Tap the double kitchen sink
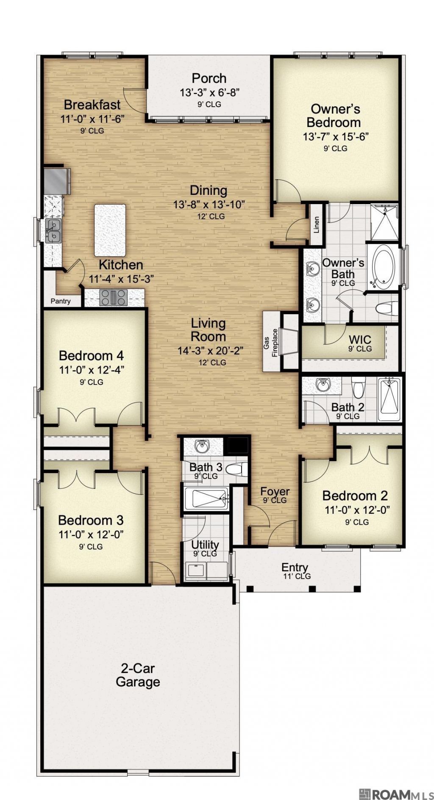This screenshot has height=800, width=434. click(x=53, y=230)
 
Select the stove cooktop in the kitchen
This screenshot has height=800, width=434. click(x=113, y=297)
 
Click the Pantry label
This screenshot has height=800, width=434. click(x=60, y=301)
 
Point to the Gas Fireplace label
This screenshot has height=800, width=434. click(x=270, y=343)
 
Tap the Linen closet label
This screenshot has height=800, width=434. click(x=316, y=225)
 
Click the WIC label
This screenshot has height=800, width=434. click(x=360, y=339)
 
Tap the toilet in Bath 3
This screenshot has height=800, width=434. click(x=236, y=469)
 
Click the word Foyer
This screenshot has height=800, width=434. click(x=275, y=491)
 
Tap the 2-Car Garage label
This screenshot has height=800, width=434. click(x=138, y=675)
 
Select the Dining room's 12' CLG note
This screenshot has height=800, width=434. click(x=211, y=216)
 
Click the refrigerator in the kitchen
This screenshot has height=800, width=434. click(x=57, y=180)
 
